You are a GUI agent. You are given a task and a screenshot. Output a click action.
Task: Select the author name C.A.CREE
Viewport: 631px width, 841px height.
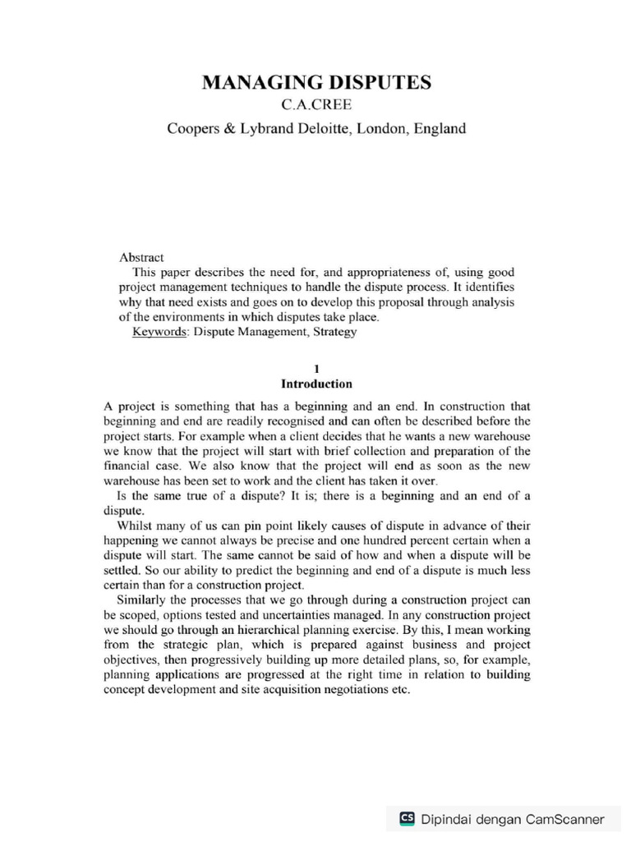tap(316, 106)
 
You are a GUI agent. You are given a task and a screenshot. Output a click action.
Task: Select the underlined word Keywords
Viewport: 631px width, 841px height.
tap(159, 332)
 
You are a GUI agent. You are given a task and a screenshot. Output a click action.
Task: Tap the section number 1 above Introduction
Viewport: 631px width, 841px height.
tap(316, 370)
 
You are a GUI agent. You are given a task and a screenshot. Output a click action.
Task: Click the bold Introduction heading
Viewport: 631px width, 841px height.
tap(316, 384)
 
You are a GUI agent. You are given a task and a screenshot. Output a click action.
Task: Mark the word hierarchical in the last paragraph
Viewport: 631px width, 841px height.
tap(269, 630)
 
